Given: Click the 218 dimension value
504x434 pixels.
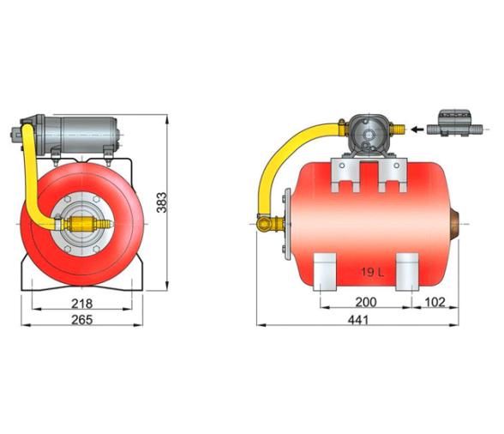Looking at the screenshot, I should pos(81,304).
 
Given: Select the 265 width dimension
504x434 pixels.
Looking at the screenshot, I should pos(81,319).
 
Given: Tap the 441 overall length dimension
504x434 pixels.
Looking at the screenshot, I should pos(361,319).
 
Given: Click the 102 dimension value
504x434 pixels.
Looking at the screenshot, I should pos(435,303).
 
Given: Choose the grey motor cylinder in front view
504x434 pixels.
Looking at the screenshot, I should pos(82,132).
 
